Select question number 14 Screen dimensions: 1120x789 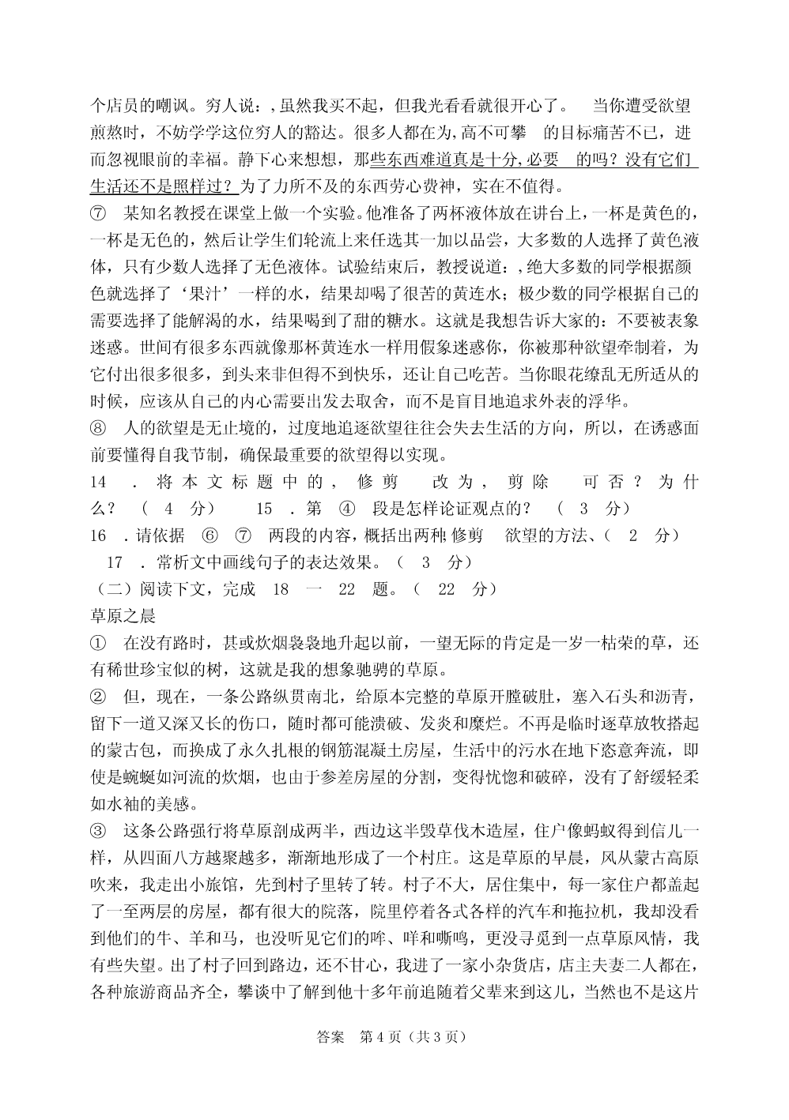98,482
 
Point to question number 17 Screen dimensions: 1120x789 114,562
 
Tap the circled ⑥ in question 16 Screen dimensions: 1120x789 210,536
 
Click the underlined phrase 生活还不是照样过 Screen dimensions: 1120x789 162,187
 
